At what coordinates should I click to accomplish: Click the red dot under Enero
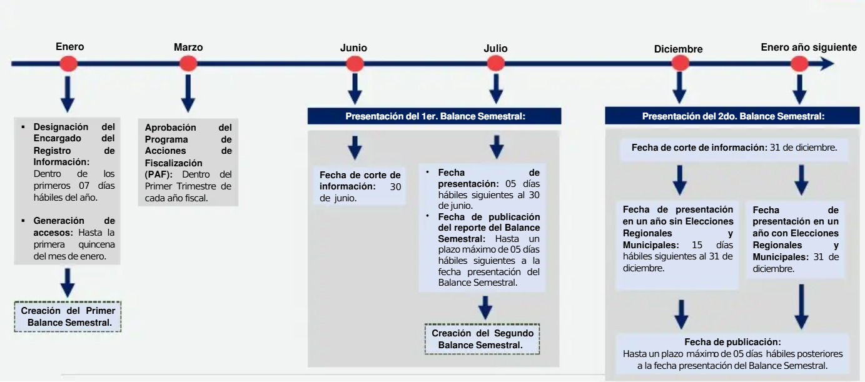coord(69,64)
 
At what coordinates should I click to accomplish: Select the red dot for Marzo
coord(188,64)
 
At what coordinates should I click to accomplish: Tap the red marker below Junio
coord(355,64)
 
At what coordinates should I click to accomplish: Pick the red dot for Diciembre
coord(680,63)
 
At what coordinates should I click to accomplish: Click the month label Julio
coord(495,49)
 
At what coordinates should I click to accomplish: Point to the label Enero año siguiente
coord(809,47)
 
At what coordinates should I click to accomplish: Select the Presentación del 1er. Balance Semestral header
coord(435,116)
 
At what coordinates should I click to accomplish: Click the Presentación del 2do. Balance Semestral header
coord(732,116)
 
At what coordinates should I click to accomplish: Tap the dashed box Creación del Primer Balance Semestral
coord(68,316)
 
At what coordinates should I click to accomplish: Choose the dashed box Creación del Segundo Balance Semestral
coord(482,339)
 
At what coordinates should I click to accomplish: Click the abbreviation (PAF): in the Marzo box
coord(158,174)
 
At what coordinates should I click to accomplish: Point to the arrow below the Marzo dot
coord(188,93)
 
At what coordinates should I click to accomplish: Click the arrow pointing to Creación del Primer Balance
coord(68,283)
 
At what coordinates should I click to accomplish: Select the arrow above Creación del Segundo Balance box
coord(485,308)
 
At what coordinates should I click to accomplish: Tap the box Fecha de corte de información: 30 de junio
coord(360,186)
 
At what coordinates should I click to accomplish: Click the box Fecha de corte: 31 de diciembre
coord(734,148)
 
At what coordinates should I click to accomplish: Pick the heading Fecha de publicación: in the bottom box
coord(732,342)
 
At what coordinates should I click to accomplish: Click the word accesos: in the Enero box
coord(53,233)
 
